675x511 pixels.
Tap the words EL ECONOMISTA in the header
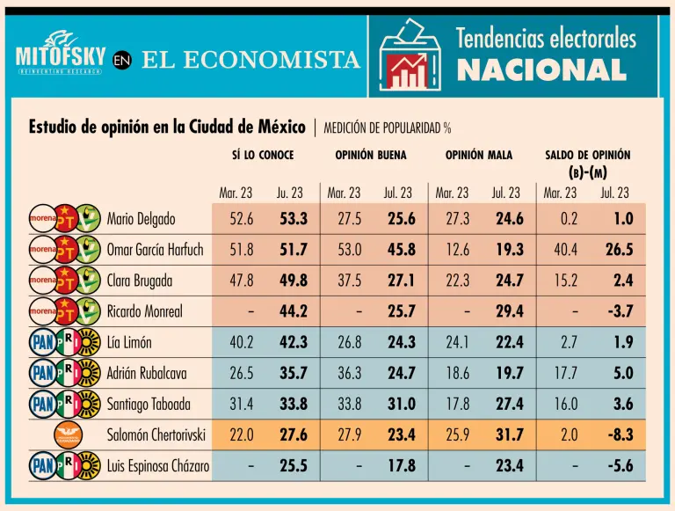coord(250,60)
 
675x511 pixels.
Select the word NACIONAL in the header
coord(541,69)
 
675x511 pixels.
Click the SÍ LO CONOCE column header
coord(263,155)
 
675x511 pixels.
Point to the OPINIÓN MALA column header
coord(478,155)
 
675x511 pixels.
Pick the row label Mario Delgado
coord(141,219)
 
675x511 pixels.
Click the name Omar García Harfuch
coord(155,250)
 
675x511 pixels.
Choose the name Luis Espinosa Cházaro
coord(158,465)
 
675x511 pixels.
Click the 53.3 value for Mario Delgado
coord(294,219)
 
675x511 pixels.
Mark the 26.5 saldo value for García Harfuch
coord(619,250)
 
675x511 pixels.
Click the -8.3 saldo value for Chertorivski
coord(619,434)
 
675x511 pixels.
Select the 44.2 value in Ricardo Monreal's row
coord(294,311)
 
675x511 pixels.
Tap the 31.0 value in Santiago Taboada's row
coord(402,404)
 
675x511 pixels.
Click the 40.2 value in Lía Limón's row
coord(242,342)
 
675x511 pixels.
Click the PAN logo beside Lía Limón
coord(42,342)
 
